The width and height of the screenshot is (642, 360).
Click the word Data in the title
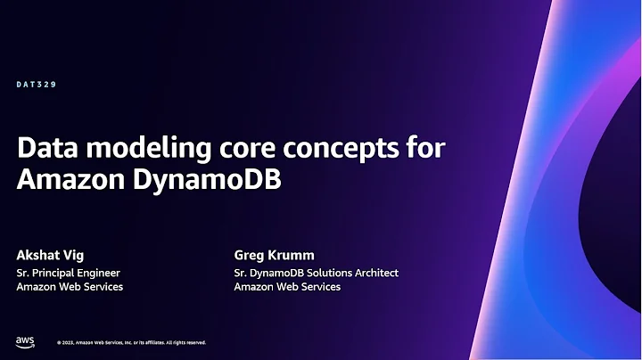click(x=45, y=146)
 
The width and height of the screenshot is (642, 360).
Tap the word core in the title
click(x=225, y=146)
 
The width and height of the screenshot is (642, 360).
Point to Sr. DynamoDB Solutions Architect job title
click(x=316, y=273)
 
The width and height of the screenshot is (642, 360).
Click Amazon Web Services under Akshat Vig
click(x=70, y=287)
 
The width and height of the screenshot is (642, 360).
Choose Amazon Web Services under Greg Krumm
click(x=287, y=287)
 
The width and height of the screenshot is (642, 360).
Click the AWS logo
click(x=24, y=341)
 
